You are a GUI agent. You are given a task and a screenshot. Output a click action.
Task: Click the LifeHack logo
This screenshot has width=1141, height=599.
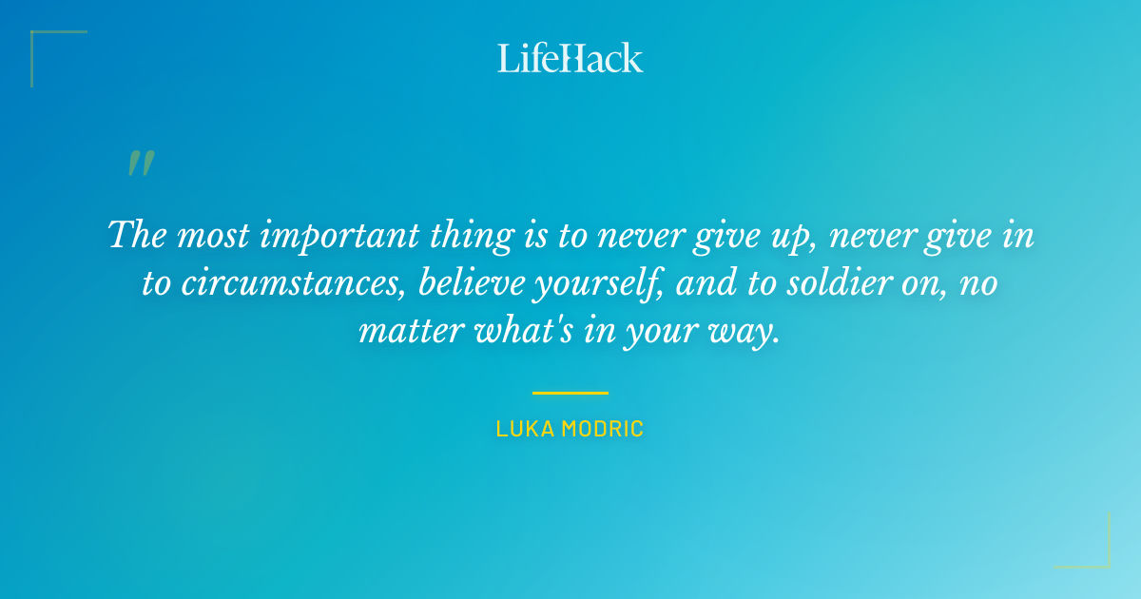pos(570,58)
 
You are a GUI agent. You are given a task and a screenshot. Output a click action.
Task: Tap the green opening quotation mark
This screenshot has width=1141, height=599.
pos(140,164)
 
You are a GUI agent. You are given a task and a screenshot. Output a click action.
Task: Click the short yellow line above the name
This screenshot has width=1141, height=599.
pos(570,392)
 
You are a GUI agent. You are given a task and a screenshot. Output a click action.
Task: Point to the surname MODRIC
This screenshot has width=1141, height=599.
pos(602,429)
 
